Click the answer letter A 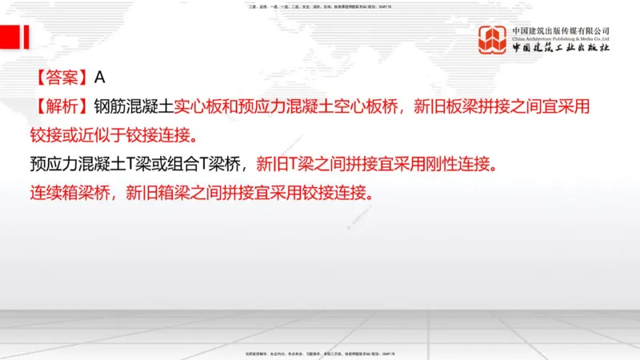tap(100, 78)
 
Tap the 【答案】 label tap(61, 78)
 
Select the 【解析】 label tap(61, 106)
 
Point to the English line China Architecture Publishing tap(561, 38)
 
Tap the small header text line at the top tap(320, 6)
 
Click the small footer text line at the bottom tap(320, 354)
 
